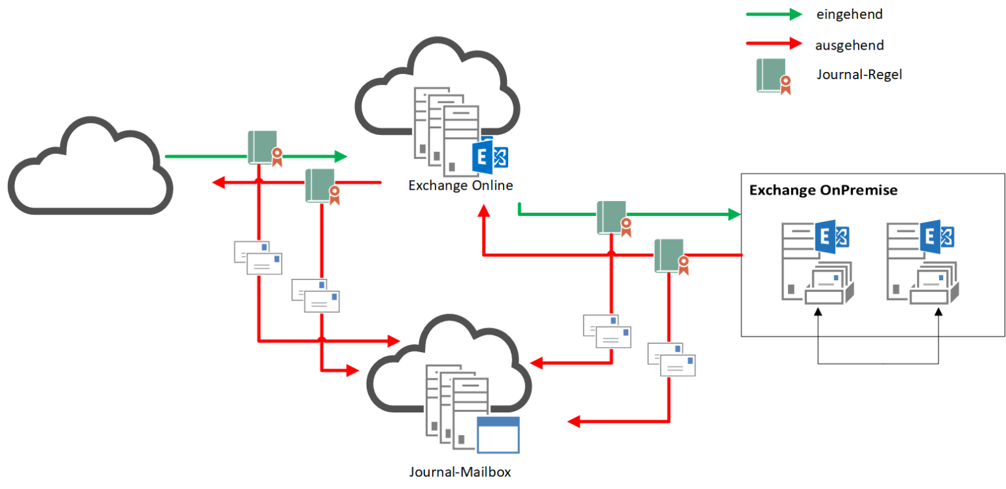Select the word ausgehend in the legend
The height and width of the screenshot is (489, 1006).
pos(849,45)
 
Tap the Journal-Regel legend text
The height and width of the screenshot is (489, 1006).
pos(859,75)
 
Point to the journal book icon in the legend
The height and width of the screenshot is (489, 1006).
pos(773,75)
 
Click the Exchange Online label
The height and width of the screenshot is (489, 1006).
pos(460,185)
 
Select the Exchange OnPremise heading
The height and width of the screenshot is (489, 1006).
pos(823,190)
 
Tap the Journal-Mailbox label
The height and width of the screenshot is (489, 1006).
pos(460,471)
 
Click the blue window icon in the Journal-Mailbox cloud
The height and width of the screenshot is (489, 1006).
pos(498,435)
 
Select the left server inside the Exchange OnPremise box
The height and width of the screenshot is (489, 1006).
pos(816,263)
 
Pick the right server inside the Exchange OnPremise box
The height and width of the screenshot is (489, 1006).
pos(920,263)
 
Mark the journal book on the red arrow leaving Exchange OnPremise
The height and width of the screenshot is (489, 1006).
pos(671,256)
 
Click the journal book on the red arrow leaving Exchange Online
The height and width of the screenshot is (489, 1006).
pos(322,186)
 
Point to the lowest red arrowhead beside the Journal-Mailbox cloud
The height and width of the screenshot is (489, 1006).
pos(574,422)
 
